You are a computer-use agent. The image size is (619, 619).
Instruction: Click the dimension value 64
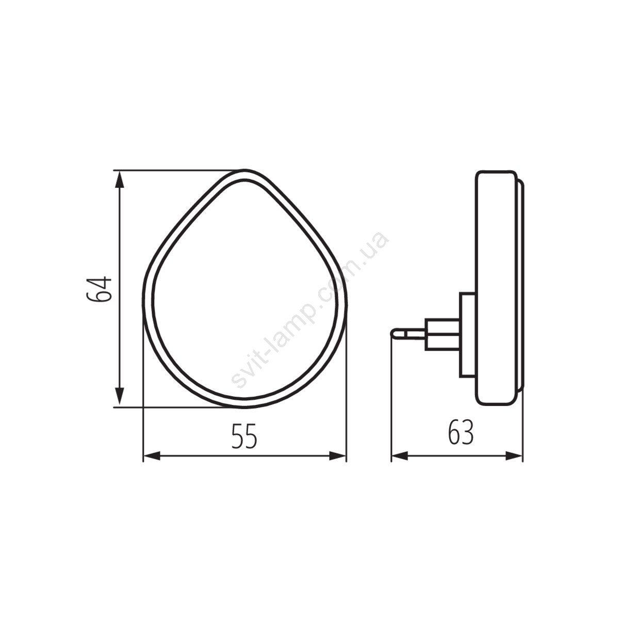[99, 288]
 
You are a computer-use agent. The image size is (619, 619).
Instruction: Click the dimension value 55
[245, 436]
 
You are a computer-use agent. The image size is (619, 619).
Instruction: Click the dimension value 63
[461, 432]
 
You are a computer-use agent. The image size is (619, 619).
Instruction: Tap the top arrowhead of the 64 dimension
[120, 180]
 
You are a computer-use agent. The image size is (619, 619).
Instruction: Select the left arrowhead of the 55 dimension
[152, 456]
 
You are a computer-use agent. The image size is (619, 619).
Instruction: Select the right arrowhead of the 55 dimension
[338, 456]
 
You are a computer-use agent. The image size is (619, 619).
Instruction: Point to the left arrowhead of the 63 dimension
[400, 456]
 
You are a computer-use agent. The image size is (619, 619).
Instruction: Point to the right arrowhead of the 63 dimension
[514, 456]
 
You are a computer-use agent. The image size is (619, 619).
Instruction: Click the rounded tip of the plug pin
[393, 334]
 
